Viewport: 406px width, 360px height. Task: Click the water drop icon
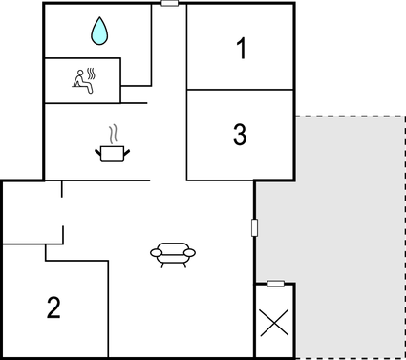pos(99,33)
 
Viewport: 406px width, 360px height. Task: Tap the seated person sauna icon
pos(83,80)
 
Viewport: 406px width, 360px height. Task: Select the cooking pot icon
pos(112,150)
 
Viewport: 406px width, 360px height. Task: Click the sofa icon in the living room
pos(173,253)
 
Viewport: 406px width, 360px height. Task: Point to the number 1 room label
pos(241,48)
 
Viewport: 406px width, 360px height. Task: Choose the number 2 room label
pos(54,307)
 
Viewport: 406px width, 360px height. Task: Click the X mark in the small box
pos(275,322)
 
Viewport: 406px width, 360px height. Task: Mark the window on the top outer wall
pos(170,4)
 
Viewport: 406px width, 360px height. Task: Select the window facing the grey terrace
pos(254,228)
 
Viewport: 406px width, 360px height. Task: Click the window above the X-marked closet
pos(275,284)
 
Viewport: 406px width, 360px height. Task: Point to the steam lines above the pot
pos(112,132)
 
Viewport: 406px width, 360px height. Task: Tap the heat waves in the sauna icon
pos(91,73)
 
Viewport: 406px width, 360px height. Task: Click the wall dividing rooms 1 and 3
pos(240,90)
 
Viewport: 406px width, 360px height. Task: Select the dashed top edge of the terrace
pos(349,116)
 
